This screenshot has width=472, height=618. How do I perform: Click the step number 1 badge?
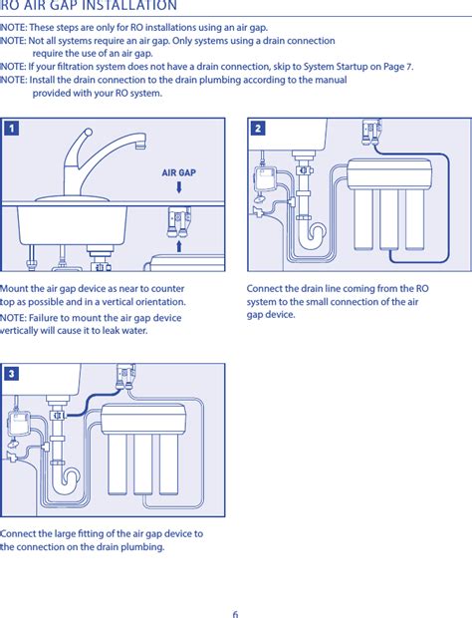coord(12,129)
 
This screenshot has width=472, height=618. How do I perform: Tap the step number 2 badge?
coord(258,129)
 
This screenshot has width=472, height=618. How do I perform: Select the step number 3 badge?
coord(12,374)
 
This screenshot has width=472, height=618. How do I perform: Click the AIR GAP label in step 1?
coord(178,172)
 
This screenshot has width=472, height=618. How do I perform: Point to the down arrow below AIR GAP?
coord(179,186)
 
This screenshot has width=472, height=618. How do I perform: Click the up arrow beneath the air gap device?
coord(179,246)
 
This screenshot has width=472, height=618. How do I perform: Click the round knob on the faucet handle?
coord(89,132)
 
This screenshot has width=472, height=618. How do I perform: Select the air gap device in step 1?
coord(178,222)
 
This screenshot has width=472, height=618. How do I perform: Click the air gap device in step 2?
coord(371,132)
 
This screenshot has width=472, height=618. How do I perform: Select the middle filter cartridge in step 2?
coord(389,220)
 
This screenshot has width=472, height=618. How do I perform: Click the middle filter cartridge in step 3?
coord(143,464)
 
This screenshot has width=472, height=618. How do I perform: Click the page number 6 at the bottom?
coord(235,614)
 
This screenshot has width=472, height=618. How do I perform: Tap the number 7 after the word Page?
coord(409,67)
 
